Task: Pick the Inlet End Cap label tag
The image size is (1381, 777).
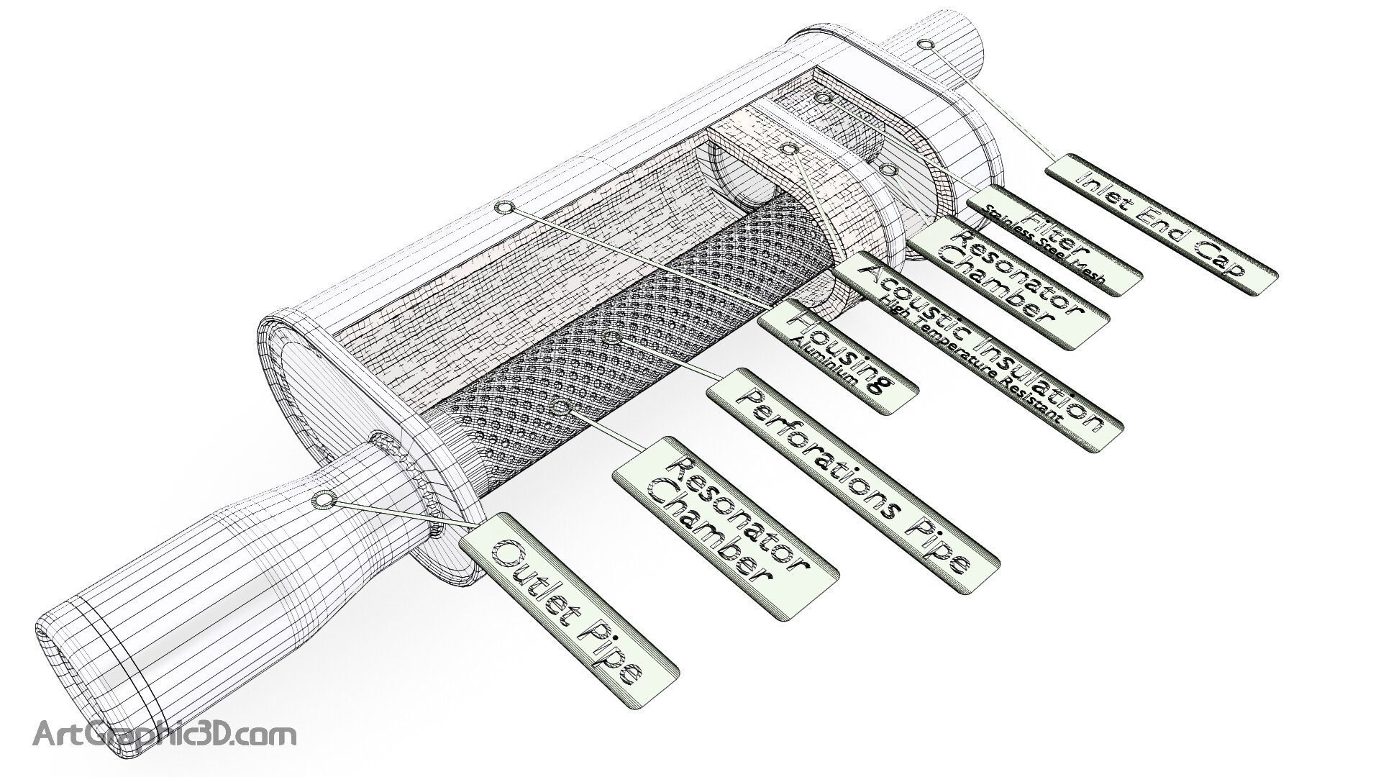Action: pyautogui.click(x=1160, y=224)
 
